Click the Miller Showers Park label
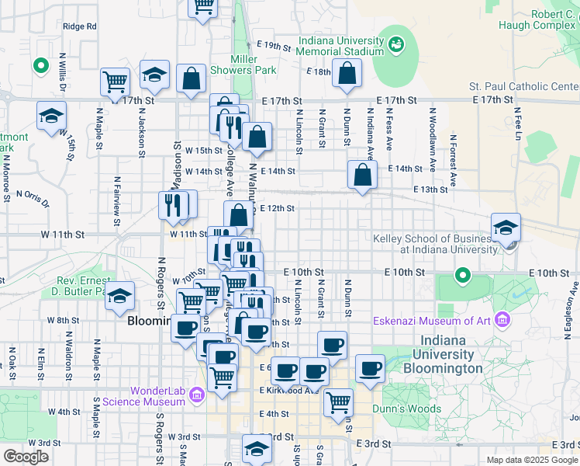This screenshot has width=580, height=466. pyautogui.click(x=254, y=64)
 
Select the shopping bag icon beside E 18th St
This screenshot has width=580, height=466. pyautogui.click(x=347, y=73)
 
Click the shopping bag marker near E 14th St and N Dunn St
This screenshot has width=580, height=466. pyautogui.click(x=362, y=175)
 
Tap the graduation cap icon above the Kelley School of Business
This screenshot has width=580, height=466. pyautogui.click(x=506, y=228)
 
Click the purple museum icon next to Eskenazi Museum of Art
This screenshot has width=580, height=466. pyautogui.click(x=502, y=320)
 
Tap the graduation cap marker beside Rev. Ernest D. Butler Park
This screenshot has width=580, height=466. pyautogui.click(x=119, y=296)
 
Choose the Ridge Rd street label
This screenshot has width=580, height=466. pyautogui.click(x=80, y=26)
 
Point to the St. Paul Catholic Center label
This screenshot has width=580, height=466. pyautogui.click(x=523, y=86)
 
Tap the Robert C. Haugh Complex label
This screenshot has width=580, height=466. pyautogui.click(x=543, y=19)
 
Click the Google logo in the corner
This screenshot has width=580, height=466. pyautogui.click(x=26, y=457)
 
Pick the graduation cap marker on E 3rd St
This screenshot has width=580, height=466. pyautogui.click(x=257, y=449)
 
